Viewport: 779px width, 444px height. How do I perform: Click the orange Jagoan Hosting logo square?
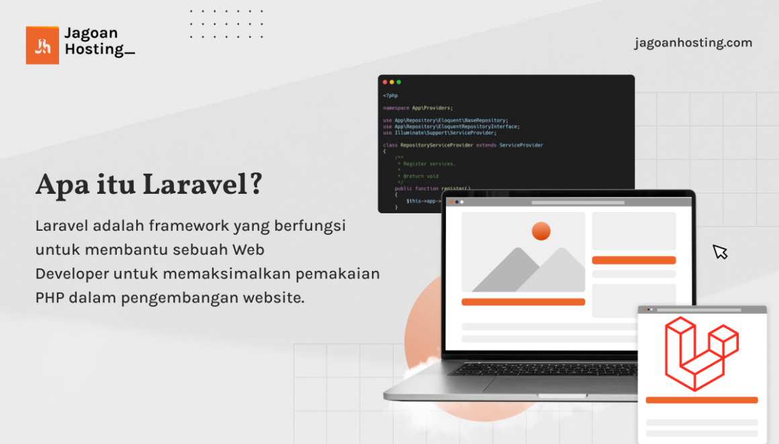pos(42,46)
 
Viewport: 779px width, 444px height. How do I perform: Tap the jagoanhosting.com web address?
pos(693,43)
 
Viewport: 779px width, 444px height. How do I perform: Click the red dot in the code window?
pos(385,82)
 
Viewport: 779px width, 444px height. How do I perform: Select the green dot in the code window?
pos(398,82)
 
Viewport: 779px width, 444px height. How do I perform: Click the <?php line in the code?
pos(390,95)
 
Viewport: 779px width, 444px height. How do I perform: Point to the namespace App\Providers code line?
pos(418,107)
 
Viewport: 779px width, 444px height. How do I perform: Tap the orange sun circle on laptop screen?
pos(541,231)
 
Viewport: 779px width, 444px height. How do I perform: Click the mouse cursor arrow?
pos(720,252)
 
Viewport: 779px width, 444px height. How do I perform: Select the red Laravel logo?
pos(701,353)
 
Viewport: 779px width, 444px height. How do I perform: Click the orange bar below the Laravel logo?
pos(701,400)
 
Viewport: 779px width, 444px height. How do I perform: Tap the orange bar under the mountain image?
pos(523,302)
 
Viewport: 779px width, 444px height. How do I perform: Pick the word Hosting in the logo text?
pos(95,49)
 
